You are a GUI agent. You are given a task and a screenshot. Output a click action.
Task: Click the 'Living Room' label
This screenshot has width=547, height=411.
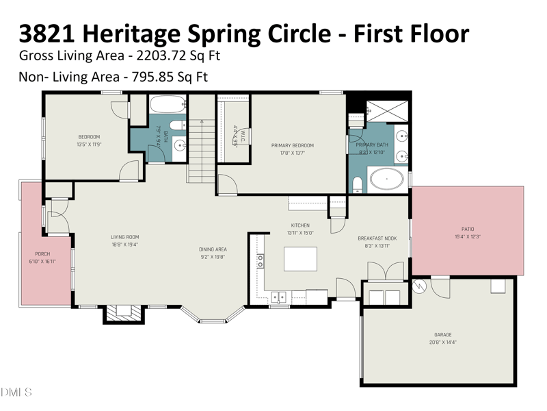pos(125,237)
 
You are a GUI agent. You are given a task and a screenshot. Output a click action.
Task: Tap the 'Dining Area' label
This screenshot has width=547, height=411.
pos(213,249)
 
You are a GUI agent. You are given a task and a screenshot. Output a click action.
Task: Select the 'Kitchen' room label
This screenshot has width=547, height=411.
pos(300,225)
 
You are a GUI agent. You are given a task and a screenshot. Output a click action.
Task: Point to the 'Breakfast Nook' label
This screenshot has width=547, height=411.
pos(377,238)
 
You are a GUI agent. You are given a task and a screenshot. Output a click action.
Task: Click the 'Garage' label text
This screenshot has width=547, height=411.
pos(442,335)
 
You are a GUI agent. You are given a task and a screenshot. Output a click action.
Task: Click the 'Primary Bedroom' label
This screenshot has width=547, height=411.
pos(292,145)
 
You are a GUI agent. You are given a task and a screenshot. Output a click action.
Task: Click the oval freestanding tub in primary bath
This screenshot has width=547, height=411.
pos(387,180)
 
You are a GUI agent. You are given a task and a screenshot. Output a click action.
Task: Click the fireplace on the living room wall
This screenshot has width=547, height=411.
pos(124,312)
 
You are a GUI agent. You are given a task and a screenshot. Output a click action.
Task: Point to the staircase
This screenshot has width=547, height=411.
pos(201,151)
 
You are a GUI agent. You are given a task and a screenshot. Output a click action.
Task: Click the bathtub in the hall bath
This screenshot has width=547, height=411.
pos(168,104)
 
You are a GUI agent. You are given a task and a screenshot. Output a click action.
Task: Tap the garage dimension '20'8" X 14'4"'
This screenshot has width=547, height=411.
pos(442,342)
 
